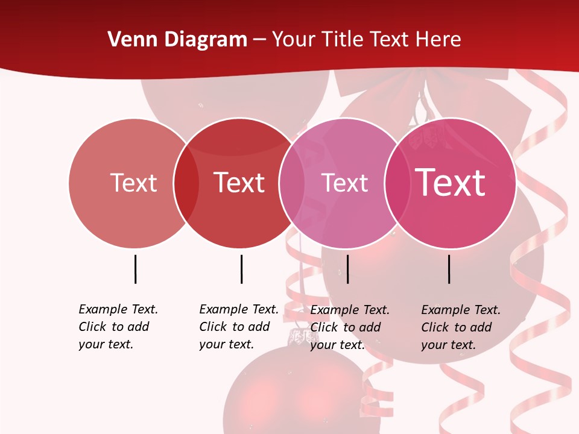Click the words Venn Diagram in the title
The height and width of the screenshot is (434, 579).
177,40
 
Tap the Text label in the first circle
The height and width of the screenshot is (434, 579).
133,183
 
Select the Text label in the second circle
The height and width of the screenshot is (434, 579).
239,183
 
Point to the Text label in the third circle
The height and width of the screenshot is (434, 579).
344,183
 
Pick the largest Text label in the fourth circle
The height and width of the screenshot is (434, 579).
451,182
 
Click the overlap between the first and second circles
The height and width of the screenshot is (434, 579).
186,183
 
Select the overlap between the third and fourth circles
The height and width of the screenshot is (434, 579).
397,183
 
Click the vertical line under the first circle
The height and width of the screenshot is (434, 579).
136,269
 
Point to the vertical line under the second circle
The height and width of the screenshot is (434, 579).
241,269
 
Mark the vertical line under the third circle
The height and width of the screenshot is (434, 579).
347,269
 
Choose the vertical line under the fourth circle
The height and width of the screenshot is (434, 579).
449,269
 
